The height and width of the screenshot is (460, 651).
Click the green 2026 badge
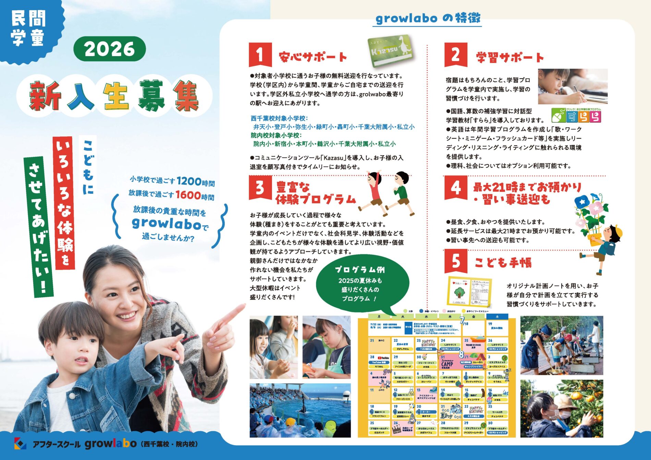coord(109,49)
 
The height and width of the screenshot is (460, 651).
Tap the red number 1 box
coord(260,54)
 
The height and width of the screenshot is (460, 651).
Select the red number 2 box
coord(455,54)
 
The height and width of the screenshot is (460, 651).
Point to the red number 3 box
coord(260,187)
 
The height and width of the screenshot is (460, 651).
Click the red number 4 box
coord(455,187)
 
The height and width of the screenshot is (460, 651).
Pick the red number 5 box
coord(455,261)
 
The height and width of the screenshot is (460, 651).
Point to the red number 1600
coord(188,195)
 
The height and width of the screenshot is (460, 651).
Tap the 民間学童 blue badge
coord(29,29)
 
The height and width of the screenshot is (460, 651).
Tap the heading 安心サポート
coord(313,57)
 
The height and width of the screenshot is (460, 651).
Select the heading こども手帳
coord(503,263)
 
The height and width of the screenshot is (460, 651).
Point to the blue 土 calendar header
coord(497,317)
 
